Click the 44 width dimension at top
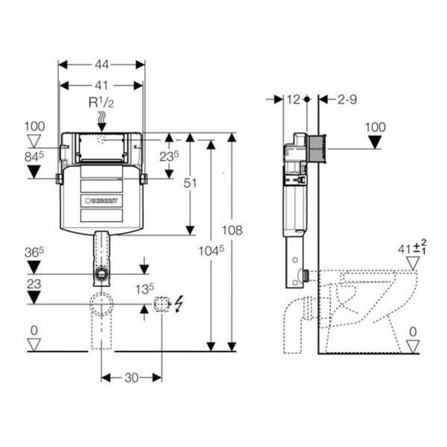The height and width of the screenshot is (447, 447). coord(101,63)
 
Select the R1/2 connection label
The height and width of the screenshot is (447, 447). coord(101,101)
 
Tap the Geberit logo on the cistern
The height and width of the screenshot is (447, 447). coord(104,201)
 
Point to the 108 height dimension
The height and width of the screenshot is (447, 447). coord(232,230)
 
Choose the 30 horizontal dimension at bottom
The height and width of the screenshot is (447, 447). coord(132,377)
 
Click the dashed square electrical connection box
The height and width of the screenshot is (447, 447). coord(161,304)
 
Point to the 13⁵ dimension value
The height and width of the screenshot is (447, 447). coord(145,288)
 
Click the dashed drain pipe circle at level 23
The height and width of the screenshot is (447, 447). coord(101,304)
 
